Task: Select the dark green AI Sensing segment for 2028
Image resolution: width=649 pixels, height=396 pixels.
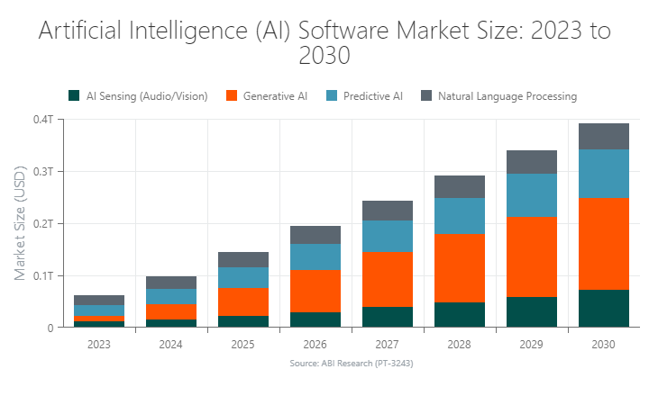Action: [x=459, y=314]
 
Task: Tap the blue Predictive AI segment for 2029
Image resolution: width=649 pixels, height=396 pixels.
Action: [x=531, y=195]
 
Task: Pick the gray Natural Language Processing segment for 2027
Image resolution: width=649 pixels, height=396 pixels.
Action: [x=387, y=211]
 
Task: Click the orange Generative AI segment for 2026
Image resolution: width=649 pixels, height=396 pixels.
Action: [x=315, y=291]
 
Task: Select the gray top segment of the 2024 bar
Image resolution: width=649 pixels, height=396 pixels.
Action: [x=170, y=283]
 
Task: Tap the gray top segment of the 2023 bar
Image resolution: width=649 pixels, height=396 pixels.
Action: [x=98, y=300]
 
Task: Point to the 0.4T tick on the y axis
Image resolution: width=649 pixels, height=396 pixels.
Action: [x=44, y=119]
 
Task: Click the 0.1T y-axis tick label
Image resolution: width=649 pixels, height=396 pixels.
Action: [x=44, y=275]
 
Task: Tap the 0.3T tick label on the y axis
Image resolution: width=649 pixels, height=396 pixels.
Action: [x=44, y=171]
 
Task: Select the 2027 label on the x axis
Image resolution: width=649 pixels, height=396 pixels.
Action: [x=387, y=343]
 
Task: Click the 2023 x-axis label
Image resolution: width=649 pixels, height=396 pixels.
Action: [x=98, y=343]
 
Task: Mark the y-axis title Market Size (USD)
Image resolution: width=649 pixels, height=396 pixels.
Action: [x=20, y=223]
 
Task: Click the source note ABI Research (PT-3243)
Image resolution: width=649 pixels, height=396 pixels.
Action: [x=351, y=364]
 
